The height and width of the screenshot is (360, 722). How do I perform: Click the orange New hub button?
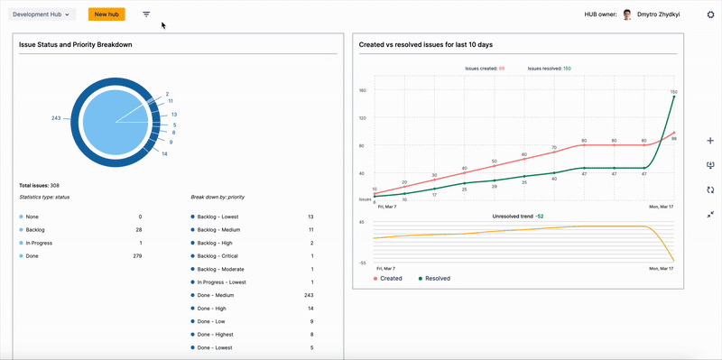(106, 14)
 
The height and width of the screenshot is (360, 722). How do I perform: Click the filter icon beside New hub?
(146, 14)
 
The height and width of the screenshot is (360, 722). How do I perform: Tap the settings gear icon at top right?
(710, 14)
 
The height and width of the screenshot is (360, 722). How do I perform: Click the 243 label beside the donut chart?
(56, 119)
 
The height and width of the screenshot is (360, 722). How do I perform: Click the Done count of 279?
(137, 256)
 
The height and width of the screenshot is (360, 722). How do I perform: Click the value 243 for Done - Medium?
(308, 295)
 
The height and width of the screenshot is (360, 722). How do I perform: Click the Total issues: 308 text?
(41, 185)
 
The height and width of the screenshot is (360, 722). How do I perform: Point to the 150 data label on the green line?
(673, 92)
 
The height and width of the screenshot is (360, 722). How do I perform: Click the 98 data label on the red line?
(674, 138)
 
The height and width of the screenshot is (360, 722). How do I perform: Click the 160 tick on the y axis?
(361, 90)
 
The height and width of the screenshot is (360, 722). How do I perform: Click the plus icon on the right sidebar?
(710, 141)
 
